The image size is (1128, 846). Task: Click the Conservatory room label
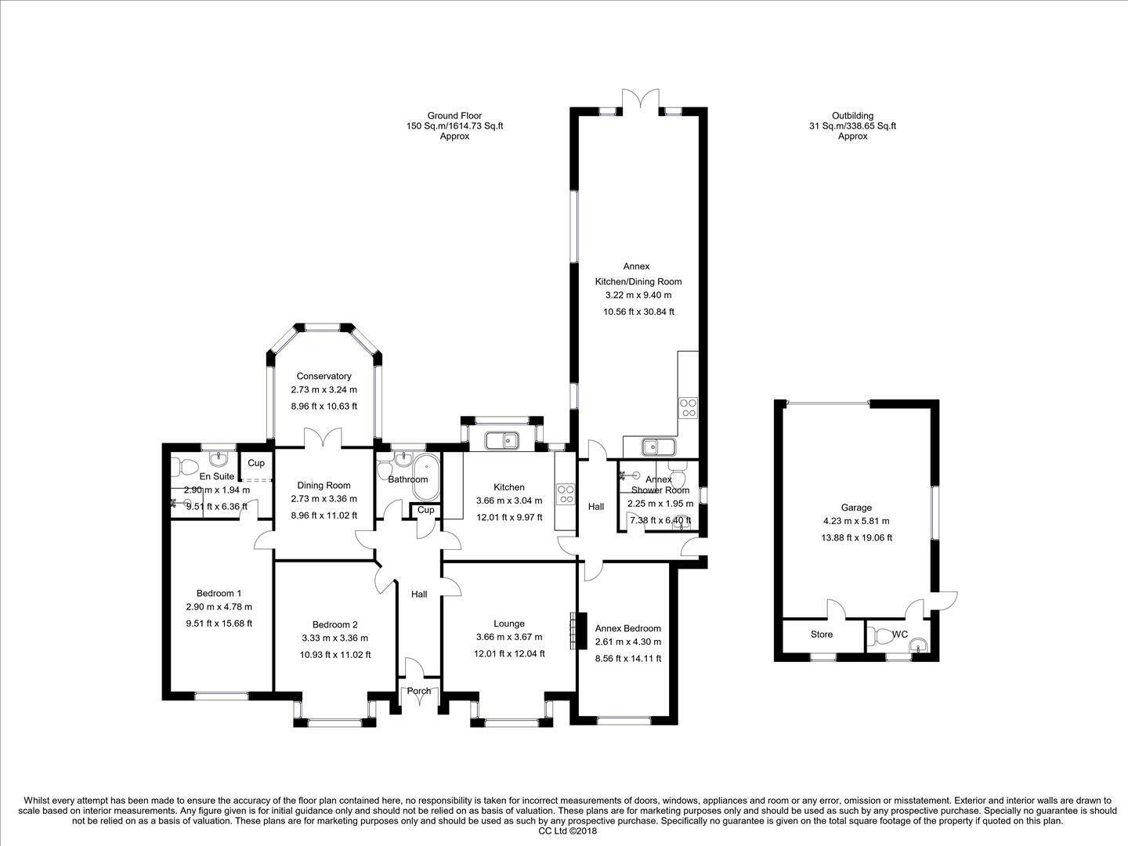pos(324,376)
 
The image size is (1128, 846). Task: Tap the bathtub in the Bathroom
pos(427,477)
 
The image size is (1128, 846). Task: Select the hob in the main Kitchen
pos(566,493)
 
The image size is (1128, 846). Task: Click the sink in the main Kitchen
pos(501,441)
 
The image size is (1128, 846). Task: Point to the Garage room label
pos(856,508)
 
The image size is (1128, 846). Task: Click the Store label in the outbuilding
pos(821,634)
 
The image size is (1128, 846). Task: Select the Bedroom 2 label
pos(335,624)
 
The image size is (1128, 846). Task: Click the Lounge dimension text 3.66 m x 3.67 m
pos(508,637)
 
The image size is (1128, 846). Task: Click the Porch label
pos(419,691)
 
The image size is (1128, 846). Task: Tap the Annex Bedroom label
pos(628,628)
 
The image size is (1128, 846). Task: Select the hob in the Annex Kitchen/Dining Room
pos(689,408)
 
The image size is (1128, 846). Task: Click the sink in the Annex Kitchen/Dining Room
pos(658,446)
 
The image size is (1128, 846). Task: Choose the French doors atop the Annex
pos(640,99)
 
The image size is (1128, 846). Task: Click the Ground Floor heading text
pos(454,116)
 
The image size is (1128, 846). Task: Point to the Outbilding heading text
pos(852,116)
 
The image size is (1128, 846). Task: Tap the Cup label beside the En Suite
pos(256,463)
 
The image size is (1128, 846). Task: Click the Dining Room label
pos(324,486)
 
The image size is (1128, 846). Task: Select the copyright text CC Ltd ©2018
pos(568,830)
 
